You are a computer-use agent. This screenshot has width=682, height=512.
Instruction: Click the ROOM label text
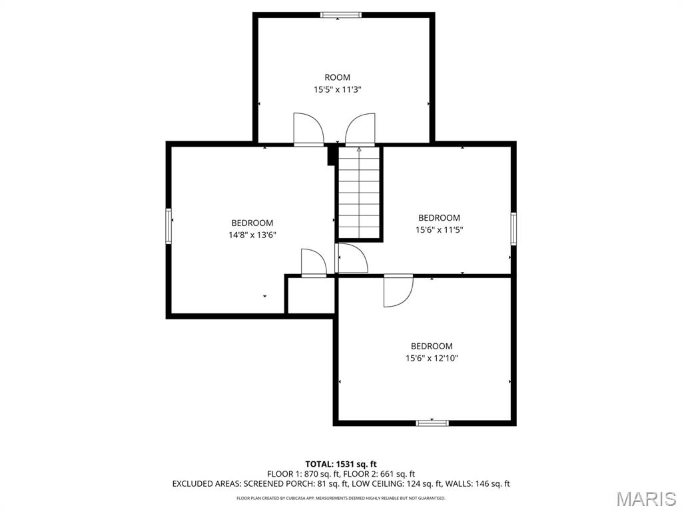[337, 77]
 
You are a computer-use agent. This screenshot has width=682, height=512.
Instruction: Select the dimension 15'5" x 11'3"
[338, 90]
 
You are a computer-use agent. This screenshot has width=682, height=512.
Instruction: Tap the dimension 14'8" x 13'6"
[252, 235]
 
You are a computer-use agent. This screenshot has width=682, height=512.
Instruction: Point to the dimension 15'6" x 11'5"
[439, 230]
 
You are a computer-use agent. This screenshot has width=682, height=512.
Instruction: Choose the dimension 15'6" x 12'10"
[432, 358]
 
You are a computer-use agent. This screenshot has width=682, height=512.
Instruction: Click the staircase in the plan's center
[359, 192]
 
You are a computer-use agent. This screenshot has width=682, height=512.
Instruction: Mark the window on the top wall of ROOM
[341, 15]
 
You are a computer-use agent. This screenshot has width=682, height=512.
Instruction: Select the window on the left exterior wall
[169, 226]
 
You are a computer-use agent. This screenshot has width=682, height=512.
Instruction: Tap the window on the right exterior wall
[513, 229]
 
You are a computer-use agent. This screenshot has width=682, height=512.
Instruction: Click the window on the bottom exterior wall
[432, 423]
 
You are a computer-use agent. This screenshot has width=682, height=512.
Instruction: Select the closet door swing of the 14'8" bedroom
[314, 263]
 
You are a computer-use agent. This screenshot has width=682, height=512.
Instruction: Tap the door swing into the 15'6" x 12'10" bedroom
[398, 291]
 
